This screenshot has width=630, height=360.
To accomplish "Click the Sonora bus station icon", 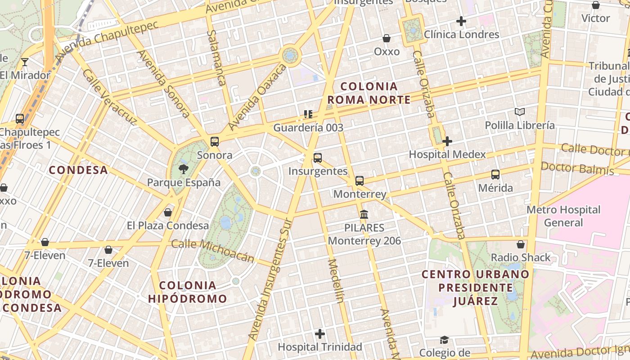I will tap(215, 142).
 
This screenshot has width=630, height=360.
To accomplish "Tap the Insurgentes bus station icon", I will tap(318, 158).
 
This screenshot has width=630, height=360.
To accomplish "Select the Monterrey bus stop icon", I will tap(359, 181).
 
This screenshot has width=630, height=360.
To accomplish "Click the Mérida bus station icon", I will tap(495, 175).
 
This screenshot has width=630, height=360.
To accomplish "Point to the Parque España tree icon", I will tap(183, 169).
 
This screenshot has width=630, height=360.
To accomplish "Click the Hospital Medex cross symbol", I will tap(447, 141).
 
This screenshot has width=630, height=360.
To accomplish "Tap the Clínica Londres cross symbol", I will tap(461, 21).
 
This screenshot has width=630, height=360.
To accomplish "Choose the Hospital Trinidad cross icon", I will tap(320, 334).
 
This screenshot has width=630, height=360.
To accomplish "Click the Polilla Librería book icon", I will tap(520, 112).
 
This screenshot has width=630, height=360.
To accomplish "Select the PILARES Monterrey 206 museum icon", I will tap(364, 214).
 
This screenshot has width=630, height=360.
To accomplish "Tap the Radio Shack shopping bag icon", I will tap(521, 244).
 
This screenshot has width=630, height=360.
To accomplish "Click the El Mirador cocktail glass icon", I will tap(25, 62).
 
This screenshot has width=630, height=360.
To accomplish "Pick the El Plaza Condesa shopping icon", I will tap(168, 212).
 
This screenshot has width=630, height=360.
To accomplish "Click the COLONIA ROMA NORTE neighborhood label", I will tap(369, 93).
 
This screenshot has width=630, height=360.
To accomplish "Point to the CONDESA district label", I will tap(78, 170).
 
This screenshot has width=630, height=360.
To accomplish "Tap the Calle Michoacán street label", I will tap(213, 251).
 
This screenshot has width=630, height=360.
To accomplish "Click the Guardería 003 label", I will tap(308, 128).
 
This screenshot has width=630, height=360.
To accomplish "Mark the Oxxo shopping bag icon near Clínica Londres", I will tap(387, 38).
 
